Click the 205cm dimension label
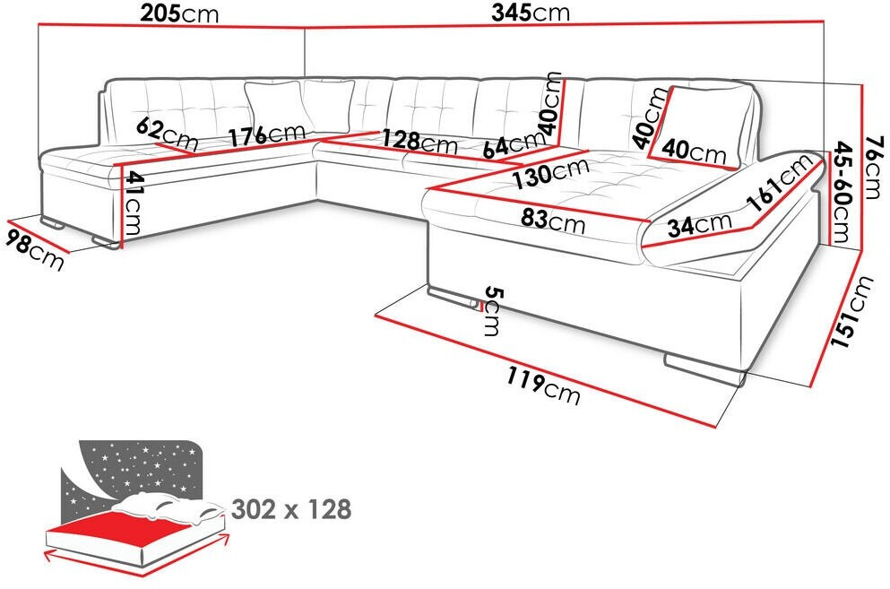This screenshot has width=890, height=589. click(179, 13)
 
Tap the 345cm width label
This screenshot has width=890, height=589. click(530, 13)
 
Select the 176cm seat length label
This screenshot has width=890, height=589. click(267, 134)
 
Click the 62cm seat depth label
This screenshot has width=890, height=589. click(168, 134)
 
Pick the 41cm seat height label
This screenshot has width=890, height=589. click(133, 203)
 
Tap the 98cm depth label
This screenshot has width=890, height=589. click(35, 252)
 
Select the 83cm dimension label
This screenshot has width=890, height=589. click(552, 221)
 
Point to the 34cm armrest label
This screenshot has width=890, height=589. click(699, 225)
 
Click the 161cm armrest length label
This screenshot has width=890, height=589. click(781, 183)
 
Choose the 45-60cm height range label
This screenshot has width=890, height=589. click(841, 192)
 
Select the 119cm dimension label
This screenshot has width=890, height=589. click(543, 386)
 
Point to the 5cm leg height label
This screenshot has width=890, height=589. click(491, 311)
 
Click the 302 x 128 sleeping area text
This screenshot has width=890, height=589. click(291, 509)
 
